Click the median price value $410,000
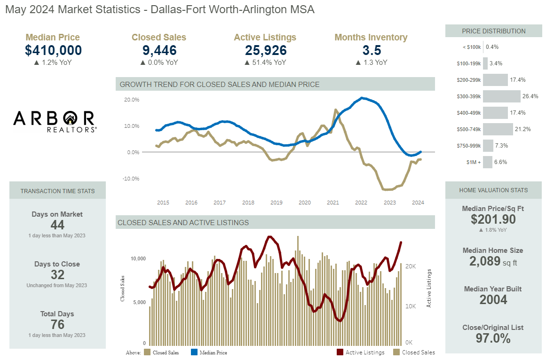(x=53, y=50)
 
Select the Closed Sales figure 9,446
(x=158, y=50)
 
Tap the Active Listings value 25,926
(x=265, y=50)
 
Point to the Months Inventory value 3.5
(x=371, y=50)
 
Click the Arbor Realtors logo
(x=55, y=121)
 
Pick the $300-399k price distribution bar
(x=502, y=96)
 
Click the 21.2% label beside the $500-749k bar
(x=523, y=129)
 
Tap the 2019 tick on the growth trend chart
(x=276, y=203)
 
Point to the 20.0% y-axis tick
(x=132, y=100)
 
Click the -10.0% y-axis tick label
(x=131, y=179)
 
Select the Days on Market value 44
(x=57, y=225)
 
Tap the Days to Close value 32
(x=57, y=275)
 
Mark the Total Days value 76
(x=57, y=325)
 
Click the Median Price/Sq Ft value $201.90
(x=493, y=219)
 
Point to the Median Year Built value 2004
(x=493, y=300)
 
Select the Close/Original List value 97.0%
(x=493, y=338)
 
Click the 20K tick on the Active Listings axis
(x=410, y=266)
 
